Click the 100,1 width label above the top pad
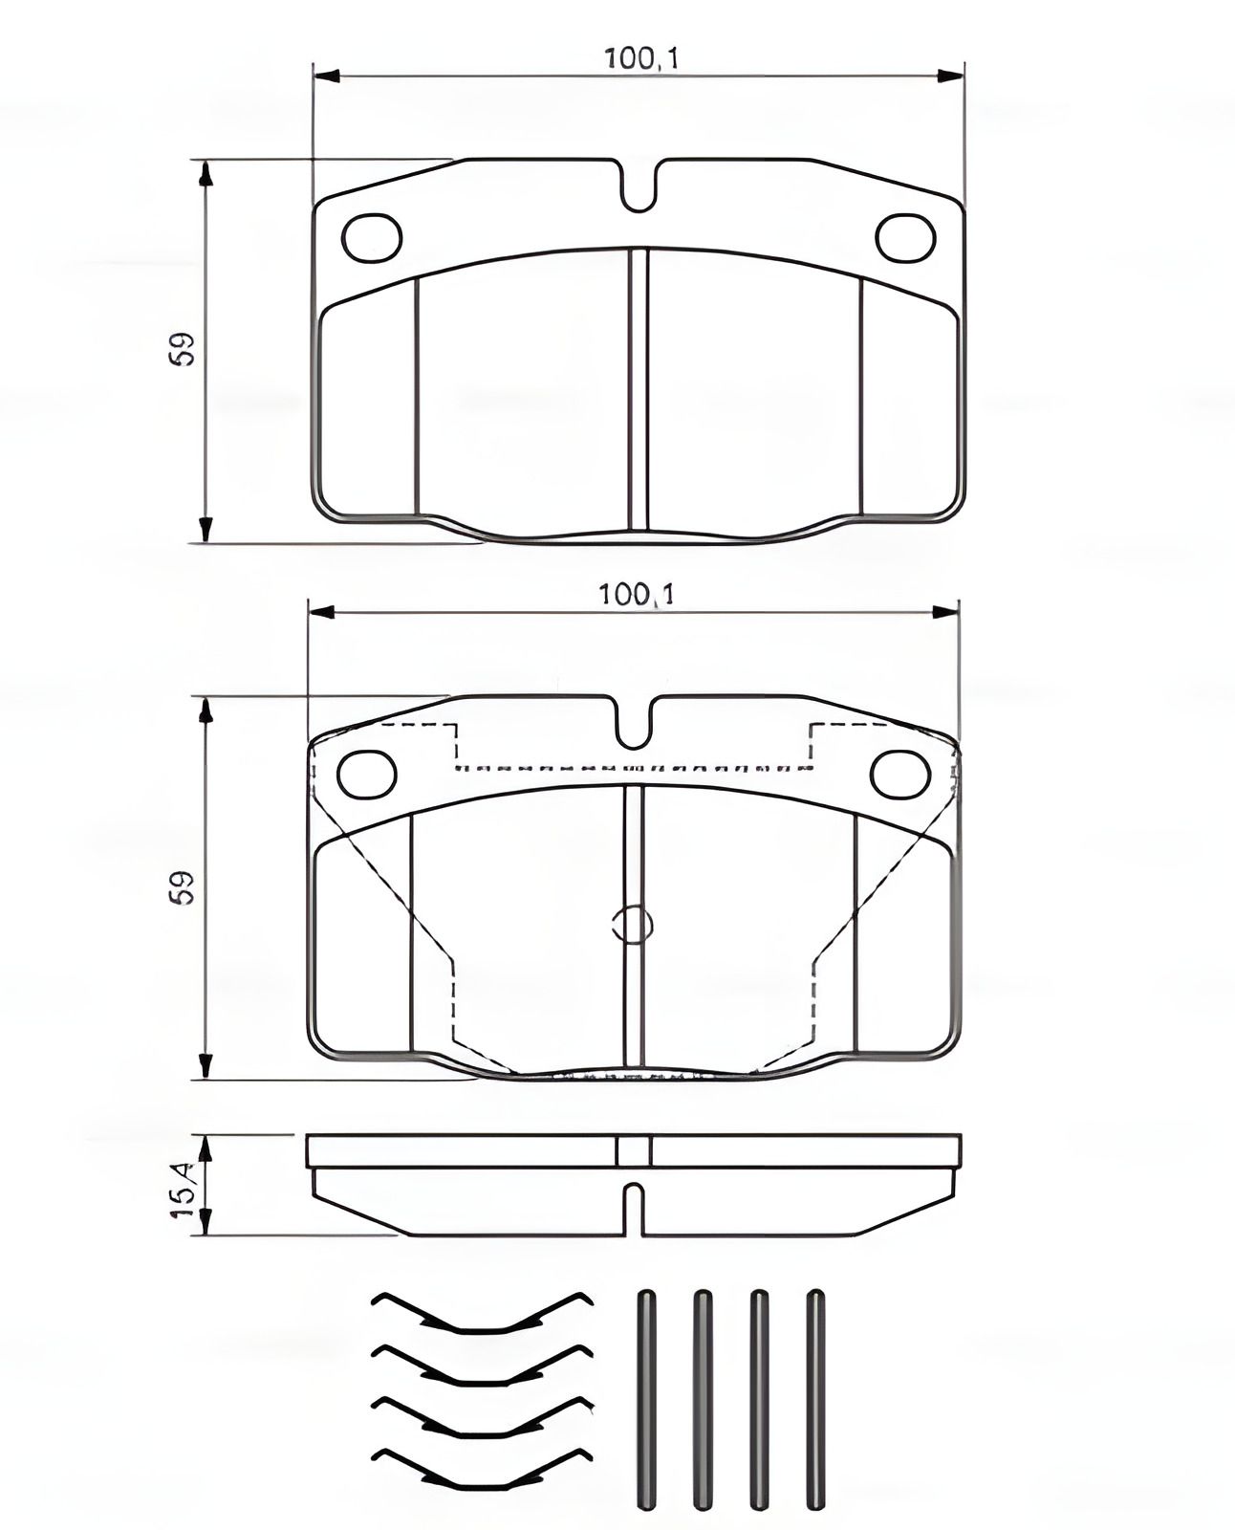coord(640,59)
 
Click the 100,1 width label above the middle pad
coord(637,595)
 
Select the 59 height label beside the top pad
coord(183,349)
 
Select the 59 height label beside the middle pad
coord(183,886)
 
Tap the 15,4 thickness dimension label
coord(184,1189)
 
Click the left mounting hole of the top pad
coord(372,238)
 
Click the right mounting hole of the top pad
coord(905,238)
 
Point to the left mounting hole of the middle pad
coord(367,774)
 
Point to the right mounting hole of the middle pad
coord(899,774)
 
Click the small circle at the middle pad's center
coord(631,924)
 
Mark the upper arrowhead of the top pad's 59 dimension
coord(205,174)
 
